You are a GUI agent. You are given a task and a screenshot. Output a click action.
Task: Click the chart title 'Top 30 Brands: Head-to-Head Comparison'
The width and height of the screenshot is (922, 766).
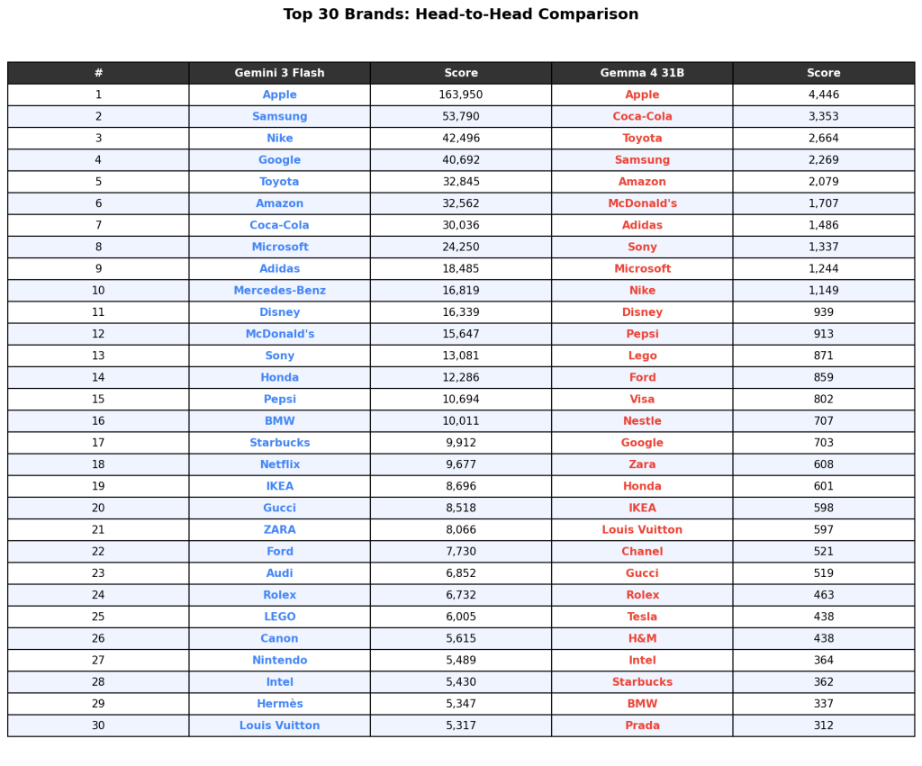460,14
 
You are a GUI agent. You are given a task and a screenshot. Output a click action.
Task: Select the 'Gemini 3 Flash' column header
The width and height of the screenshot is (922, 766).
279,73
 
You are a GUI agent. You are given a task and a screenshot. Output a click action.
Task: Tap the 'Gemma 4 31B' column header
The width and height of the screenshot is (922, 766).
642,73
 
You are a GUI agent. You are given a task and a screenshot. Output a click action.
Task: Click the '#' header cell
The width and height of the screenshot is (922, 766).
98,73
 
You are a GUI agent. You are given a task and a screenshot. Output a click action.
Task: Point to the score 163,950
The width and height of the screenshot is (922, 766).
460,95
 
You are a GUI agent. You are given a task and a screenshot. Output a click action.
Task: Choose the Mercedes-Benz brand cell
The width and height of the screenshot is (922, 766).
279,291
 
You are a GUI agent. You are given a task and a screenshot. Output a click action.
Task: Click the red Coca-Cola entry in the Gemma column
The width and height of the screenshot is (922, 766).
642,116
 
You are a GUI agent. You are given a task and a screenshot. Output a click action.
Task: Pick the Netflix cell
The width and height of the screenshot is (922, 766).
279,464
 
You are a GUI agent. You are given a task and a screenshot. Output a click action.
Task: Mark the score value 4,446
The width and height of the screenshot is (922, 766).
823,95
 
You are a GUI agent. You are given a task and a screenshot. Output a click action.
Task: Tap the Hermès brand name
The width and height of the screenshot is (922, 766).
279,704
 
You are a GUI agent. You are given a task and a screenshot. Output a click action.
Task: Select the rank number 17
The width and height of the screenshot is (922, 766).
98,443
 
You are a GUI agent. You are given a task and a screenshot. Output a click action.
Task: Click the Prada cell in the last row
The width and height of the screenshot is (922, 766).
642,725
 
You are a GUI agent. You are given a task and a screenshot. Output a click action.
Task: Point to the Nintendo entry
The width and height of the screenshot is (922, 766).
279,660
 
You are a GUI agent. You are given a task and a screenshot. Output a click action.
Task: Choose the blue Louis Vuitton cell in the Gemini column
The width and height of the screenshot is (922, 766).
279,725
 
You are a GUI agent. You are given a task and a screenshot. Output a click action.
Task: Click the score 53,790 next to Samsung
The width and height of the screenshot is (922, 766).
460,116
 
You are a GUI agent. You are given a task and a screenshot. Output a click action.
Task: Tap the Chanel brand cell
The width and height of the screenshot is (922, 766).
642,552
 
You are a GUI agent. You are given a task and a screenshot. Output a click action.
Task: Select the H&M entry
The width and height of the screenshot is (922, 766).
642,638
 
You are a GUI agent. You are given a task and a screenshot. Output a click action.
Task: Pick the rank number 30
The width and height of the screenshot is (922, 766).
98,725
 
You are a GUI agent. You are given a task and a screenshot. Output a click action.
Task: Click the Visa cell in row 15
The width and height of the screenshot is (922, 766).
642,400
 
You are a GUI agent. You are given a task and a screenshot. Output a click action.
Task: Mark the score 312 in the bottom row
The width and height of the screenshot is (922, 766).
823,725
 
